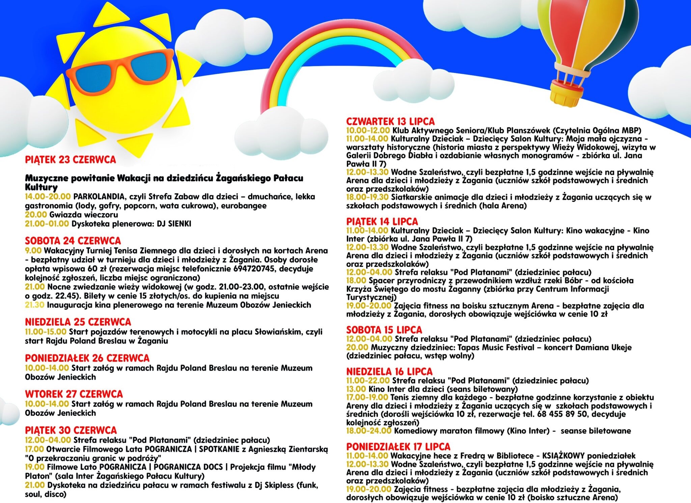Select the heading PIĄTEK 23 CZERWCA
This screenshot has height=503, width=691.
coord(70,160)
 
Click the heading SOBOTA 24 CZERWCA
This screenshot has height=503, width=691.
coord(73,241)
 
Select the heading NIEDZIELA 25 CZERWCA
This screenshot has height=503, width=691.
coord(78,322)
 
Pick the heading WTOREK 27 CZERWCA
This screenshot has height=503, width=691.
coord(74,394)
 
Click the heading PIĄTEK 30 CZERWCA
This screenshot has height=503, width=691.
coord(71,430)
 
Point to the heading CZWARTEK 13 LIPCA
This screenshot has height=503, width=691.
coord(390,122)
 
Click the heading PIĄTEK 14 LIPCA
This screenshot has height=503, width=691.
coord(382,222)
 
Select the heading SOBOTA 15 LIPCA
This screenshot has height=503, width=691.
coord(384,330)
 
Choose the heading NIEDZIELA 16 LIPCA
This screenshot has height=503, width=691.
coord(389,372)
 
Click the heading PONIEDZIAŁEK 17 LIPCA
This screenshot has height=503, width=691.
coord(398,447)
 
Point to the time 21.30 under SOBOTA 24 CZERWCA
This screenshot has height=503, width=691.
coord(34,305)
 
